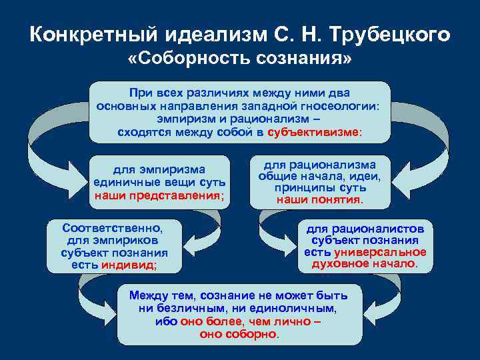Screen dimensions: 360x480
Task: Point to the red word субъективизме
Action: (x=313, y=132)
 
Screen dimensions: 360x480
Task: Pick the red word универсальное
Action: (x=381, y=252)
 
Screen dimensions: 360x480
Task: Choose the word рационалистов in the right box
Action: (x=378, y=229)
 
